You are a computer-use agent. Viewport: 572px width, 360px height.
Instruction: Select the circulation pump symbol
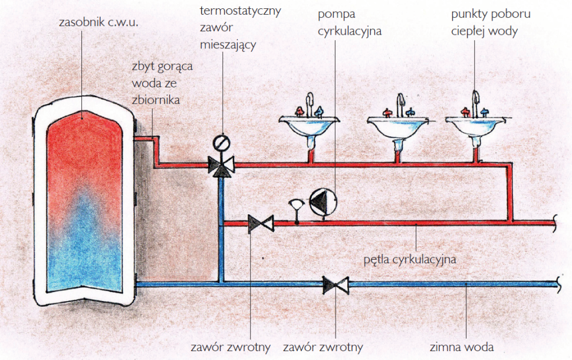[x=322, y=202]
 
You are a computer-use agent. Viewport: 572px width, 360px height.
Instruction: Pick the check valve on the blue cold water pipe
[x=336, y=285]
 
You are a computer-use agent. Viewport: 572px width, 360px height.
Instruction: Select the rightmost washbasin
[x=475, y=125]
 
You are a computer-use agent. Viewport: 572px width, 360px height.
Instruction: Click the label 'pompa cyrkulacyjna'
[x=349, y=22]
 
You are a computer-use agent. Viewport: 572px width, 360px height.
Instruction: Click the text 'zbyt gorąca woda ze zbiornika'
[x=162, y=83]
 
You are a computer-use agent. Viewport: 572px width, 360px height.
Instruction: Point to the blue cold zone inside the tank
[x=83, y=248]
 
